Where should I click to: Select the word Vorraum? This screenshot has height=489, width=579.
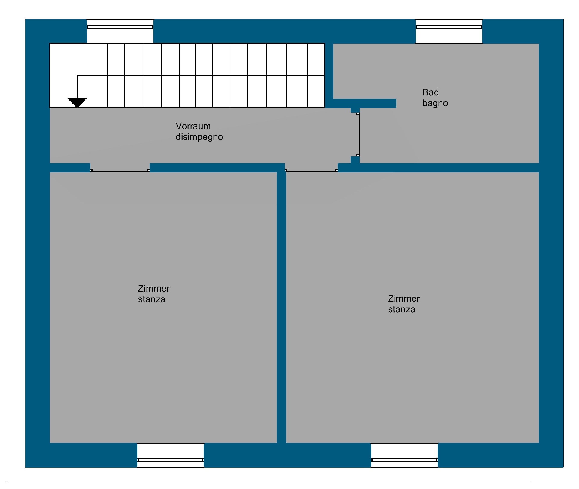[193, 126]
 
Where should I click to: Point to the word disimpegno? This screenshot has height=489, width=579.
[199, 137]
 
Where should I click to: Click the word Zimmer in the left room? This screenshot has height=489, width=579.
[154, 289]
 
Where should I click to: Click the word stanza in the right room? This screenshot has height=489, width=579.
[402, 309]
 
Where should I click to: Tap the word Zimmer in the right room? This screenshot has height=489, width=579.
[404, 299]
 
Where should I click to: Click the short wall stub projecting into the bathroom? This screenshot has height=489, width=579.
[364, 103]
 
